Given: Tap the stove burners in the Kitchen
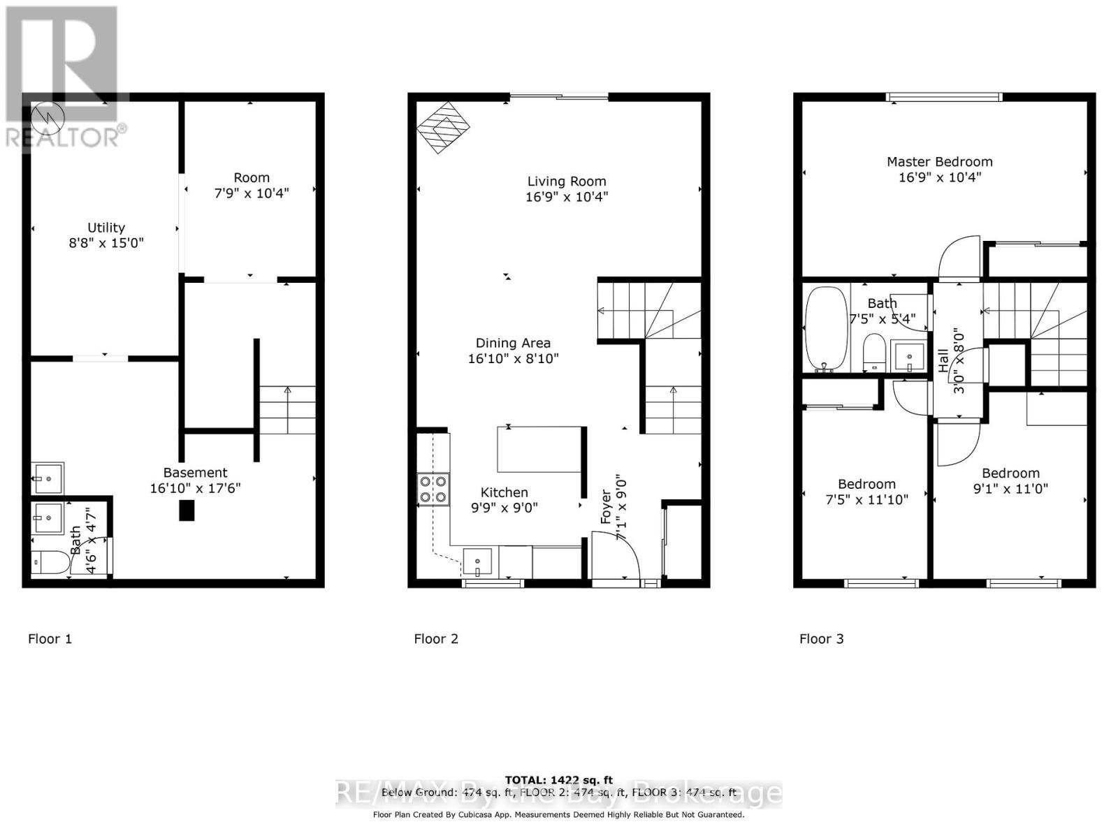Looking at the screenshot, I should pyautogui.click(x=433, y=488).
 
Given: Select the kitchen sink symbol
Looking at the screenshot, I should pyautogui.click(x=478, y=561).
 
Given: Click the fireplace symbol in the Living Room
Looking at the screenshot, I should pyautogui.click(x=443, y=128).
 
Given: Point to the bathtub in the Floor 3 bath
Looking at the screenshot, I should pyautogui.click(x=825, y=328).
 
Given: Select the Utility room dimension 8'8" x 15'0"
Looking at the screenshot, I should pyautogui.click(x=106, y=243).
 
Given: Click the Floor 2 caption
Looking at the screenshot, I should pyautogui.click(x=436, y=638).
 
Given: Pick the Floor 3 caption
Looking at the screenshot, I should pyautogui.click(x=821, y=638).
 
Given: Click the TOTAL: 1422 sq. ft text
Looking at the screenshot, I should pyautogui.click(x=559, y=780).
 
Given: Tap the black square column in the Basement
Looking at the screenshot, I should pyautogui.click(x=187, y=510).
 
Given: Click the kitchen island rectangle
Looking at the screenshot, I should pyautogui.click(x=539, y=450).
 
